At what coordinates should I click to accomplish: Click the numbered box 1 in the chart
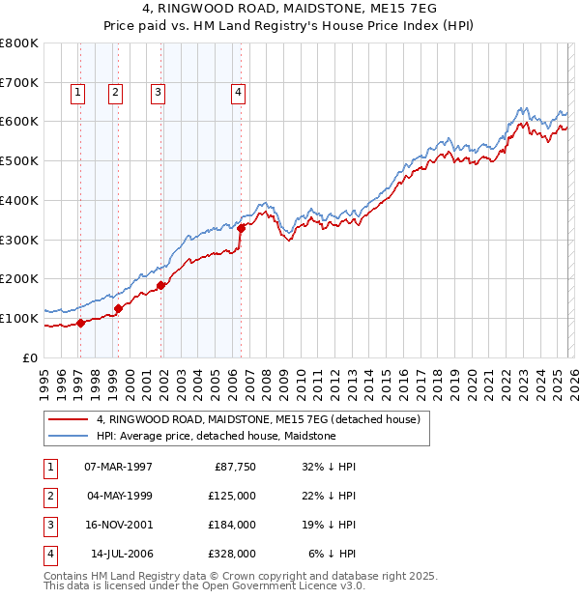pyautogui.click(x=77, y=93)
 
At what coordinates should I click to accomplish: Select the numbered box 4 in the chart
pyautogui.click(x=238, y=93)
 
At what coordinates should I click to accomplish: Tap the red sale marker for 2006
pyautogui.click(x=241, y=228)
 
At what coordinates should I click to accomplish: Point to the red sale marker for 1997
pyautogui.click(x=81, y=323)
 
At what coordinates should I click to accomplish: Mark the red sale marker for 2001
pyautogui.click(x=161, y=285)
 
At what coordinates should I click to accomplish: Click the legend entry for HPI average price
pyautogui.click(x=216, y=436)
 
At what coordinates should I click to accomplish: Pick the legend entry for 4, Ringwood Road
pyautogui.click(x=257, y=420)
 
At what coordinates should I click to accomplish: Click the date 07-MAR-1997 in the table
pyautogui.click(x=118, y=466)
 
